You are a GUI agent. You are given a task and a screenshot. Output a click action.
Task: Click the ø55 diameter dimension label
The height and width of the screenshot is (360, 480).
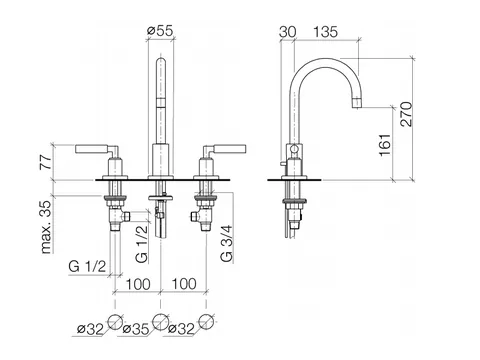coord(160,31)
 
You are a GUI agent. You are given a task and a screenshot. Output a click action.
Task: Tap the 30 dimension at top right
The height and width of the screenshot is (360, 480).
coord(287,32)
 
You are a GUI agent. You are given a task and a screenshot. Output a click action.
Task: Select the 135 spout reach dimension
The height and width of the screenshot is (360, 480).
coord(325,32)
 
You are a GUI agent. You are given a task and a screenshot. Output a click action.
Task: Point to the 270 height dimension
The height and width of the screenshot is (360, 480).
coord(406,114)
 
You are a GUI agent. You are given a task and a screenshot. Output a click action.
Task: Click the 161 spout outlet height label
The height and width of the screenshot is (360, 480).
coord(385,145)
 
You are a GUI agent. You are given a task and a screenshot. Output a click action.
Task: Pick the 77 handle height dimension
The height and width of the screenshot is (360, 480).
coord(46,162)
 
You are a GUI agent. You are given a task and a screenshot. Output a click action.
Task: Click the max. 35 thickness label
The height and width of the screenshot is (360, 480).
coord(46,227)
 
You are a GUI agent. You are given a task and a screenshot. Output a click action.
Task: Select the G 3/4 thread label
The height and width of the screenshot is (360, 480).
coord(227,244)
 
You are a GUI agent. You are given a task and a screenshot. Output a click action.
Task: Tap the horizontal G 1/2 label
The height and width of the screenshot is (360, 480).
coord(87,266)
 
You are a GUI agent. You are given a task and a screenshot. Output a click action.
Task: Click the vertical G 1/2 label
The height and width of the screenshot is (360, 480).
coord(142,244)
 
